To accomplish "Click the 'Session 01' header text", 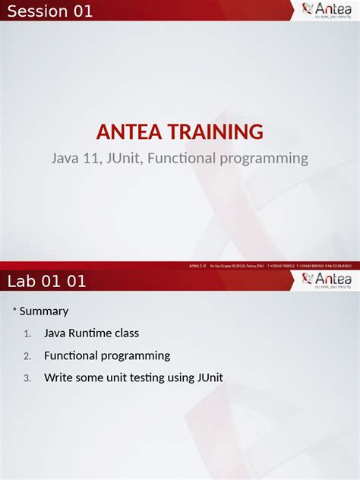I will tap(50, 11).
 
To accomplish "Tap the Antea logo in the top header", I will tap(326, 10).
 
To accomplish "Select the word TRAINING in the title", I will tap(217, 132).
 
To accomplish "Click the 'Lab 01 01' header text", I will tap(47, 282).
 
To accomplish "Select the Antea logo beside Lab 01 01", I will tap(326, 281).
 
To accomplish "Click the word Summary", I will tap(44, 311).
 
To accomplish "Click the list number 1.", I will tap(27, 334).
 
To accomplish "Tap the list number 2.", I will tap(27, 356).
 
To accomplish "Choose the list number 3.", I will tap(27, 378).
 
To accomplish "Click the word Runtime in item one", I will tap(90, 333).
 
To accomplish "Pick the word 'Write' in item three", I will tap(58, 377).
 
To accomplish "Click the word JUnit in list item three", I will tap(209, 377).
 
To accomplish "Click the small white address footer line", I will tap(270, 266).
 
